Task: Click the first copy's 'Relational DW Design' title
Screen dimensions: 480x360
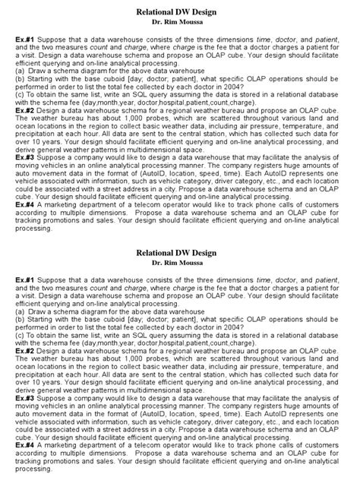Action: coord(180,13)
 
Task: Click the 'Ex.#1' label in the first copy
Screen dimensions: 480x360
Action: coord(24,45)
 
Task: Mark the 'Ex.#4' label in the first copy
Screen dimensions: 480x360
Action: coord(24,205)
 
